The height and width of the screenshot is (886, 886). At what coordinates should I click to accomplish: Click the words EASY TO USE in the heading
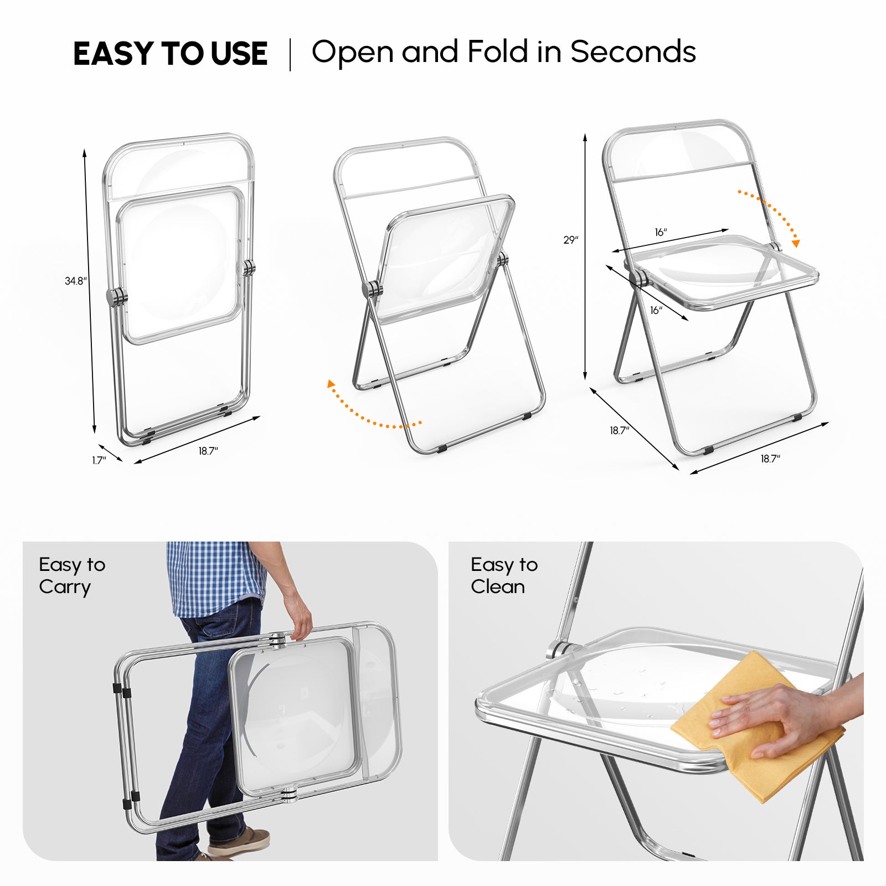tap(170, 54)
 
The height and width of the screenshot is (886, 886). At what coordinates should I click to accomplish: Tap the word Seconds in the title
tap(633, 52)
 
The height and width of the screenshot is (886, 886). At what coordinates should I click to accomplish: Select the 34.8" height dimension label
tap(75, 281)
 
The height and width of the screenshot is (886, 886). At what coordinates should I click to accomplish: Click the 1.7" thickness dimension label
tap(99, 460)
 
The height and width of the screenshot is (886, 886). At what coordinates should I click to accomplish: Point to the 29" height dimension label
tap(570, 240)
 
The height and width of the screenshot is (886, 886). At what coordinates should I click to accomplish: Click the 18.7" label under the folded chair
tap(208, 451)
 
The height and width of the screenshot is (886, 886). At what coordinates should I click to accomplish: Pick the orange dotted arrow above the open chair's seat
tap(771, 216)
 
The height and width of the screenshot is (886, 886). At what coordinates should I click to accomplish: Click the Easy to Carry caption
tap(71, 576)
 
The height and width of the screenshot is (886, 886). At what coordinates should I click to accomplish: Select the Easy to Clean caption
tap(503, 576)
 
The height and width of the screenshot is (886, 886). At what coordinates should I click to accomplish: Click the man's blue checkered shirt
tap(216, 576)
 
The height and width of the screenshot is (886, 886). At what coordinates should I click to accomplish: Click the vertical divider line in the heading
tap(290, 54)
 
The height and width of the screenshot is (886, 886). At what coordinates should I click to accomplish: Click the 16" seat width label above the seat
tap(661, 233)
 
